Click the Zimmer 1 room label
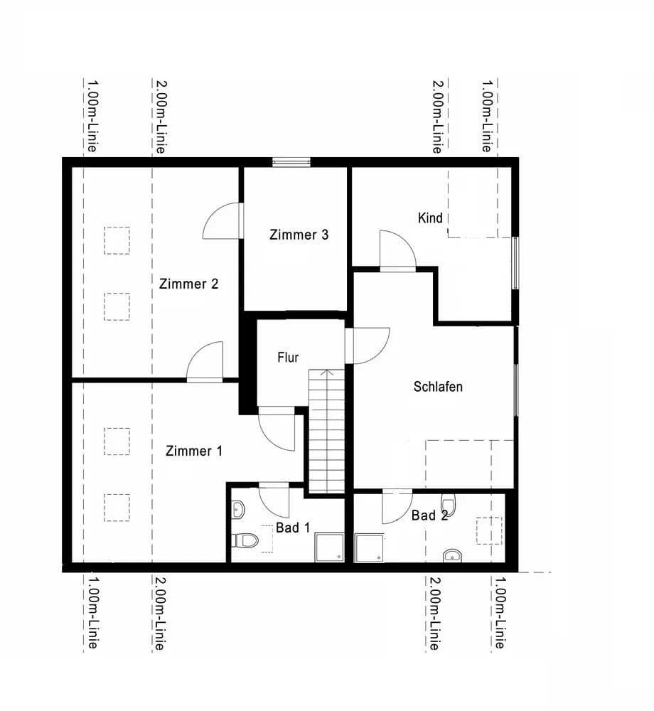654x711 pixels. click(194, 451)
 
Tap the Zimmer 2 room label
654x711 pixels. click(188, 284)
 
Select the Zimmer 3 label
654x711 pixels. click(299, 235)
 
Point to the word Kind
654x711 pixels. click(431, 218)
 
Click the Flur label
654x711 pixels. click(288, 358)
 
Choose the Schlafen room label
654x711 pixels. click(438, 387)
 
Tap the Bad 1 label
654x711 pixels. click(293, 528)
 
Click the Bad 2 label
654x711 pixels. click(429, 515)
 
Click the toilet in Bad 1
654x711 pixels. click(246, 540)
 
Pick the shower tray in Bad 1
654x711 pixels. click(329, 546)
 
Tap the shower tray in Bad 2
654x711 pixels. click(369, 547)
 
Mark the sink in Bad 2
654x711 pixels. click(452, 555)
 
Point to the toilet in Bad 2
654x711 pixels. click(449, 503)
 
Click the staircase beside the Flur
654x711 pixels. click(326, 434)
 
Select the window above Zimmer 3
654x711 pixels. click(291, 162)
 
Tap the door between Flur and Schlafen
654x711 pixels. click(368, 345)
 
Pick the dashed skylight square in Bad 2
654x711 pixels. click(488, 530)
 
